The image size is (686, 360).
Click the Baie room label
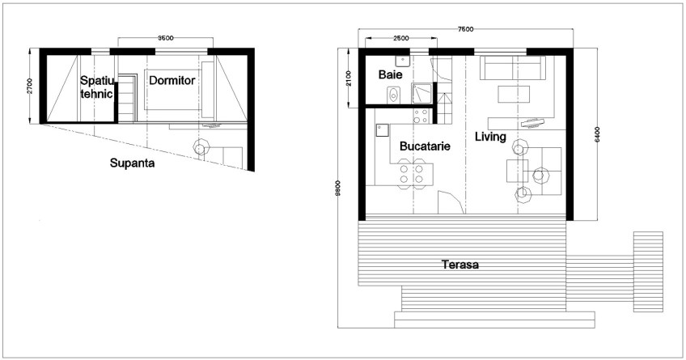click(390, 74)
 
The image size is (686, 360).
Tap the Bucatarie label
click(425, 147)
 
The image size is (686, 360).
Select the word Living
click(490, 137)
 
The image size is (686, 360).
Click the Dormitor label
click(171, 80)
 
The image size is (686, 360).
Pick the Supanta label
click(133, 162)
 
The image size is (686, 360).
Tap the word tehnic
click(96, 94)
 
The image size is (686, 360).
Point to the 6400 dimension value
click(597, 133)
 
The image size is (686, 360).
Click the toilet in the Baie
click(393, 95)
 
